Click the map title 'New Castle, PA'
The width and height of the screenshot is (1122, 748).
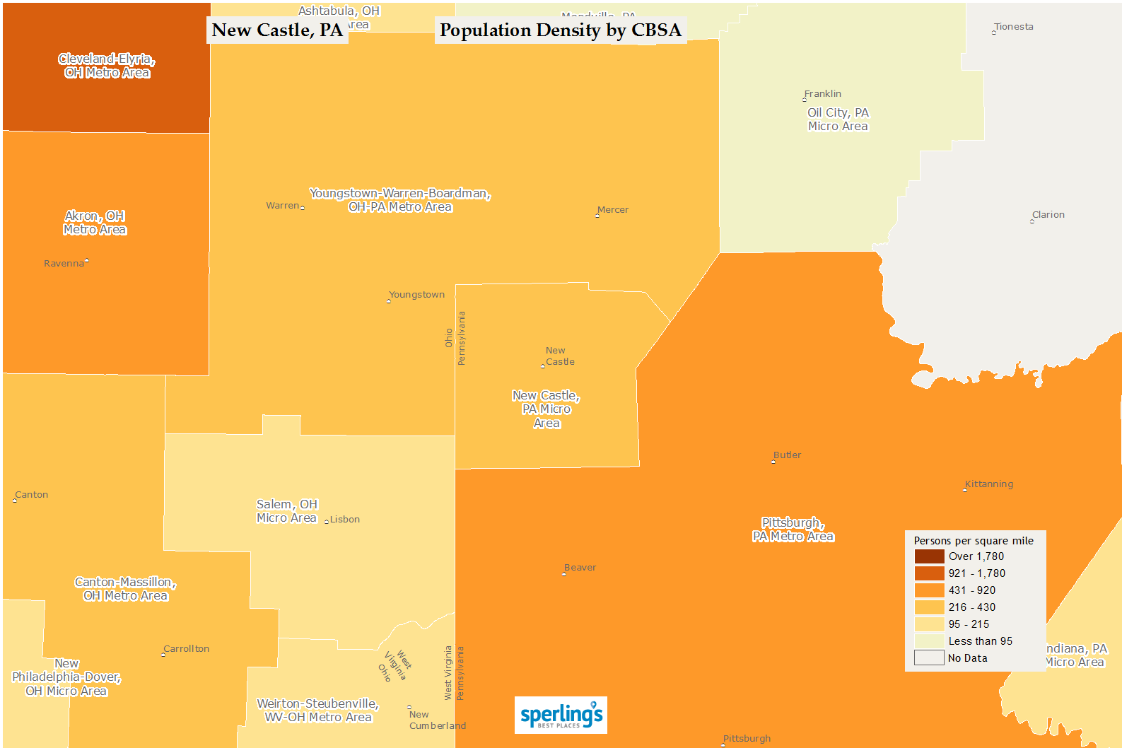(x=277, y=30)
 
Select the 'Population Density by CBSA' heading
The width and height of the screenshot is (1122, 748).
(x=560, y=30)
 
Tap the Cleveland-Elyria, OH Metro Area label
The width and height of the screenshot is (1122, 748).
(x=107, y=66)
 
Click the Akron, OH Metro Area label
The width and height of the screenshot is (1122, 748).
(x=95, y=223)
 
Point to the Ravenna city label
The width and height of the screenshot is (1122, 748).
(x=64, y=264)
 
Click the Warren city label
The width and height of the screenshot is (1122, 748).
(x=283, y=206)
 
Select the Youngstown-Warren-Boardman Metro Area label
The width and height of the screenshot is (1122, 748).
(x=400, y=200)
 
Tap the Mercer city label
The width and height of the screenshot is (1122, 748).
(x=612, y=210)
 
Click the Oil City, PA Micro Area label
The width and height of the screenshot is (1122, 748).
(x=838, y=119)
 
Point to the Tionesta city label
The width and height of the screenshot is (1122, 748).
(x=1013, y=27)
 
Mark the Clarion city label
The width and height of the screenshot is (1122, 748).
(x=1048, y=215)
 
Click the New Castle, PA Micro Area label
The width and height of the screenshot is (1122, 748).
(x=547, y=409)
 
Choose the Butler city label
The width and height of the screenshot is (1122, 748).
(x=787, y=455)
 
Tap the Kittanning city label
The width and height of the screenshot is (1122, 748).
(x=988, y=484)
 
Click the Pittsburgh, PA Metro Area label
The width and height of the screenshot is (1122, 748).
(x=793, y=530)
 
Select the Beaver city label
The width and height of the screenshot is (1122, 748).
(x=580, y=568)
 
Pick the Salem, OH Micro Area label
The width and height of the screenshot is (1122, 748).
(x=287, y=511)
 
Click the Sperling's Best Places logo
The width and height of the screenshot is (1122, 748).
(x=561, y=715)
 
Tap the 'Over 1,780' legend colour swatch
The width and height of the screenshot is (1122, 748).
(x=929, y=556)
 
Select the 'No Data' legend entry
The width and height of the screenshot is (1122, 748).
(x=967, y=658)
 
